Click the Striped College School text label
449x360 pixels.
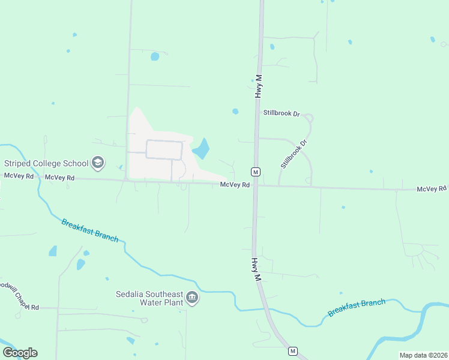pos(46,163)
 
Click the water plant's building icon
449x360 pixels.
pos(192,298)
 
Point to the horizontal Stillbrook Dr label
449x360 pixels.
pos(281,113)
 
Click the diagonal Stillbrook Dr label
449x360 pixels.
pos(294,154)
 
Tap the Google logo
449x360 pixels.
pos(20,353)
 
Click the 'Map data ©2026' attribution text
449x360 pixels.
pos(423,355)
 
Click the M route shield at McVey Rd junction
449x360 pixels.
pos(256,172)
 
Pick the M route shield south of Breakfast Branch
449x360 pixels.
pos(293,350)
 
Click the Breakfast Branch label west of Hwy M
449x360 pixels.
pos(90,230)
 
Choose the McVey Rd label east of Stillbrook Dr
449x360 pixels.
pos(432,189)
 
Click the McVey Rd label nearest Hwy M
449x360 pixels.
pos(235,185)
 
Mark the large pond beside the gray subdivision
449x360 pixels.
pos(201,149)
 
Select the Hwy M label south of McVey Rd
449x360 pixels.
pos(256,270)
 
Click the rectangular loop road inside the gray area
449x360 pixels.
pos(164,150)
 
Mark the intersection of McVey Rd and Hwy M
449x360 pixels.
pos(255,185)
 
